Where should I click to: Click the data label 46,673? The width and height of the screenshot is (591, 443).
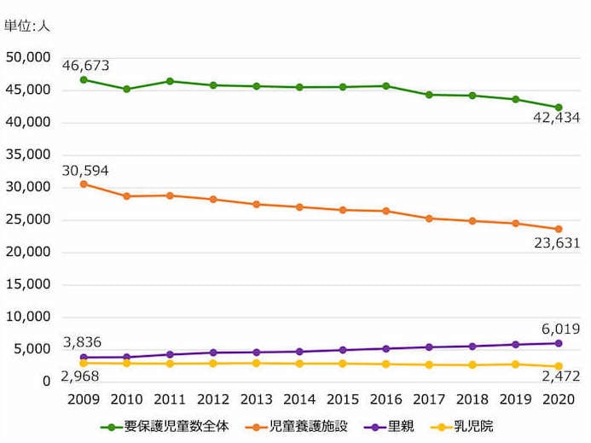point(85,65)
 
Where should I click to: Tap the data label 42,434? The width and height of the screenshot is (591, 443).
point(556,118)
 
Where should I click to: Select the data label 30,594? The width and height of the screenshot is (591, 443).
point(85,170)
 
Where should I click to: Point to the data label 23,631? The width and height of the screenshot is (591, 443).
point(556,242)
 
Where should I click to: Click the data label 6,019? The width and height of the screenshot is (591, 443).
point(560,329)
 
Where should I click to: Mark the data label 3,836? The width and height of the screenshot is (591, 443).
point(81,342)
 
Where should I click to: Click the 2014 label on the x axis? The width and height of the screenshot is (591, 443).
point(300,399)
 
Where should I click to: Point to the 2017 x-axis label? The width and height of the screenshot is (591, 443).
point(429,399)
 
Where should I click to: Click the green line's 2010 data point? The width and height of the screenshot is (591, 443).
point(126,89)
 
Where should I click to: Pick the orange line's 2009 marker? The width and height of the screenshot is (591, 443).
point(84,184)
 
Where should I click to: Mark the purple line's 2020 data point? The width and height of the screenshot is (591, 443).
point(559,343)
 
